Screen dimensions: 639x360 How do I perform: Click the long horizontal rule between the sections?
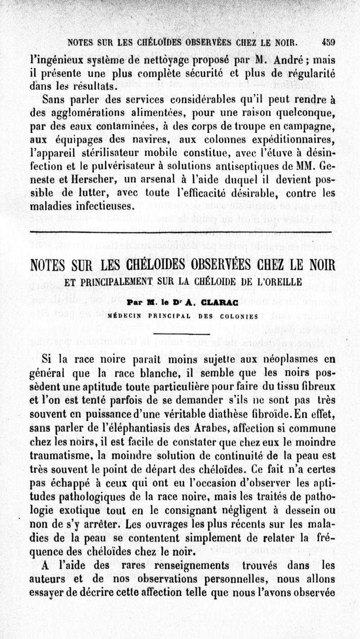(180, 232)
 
